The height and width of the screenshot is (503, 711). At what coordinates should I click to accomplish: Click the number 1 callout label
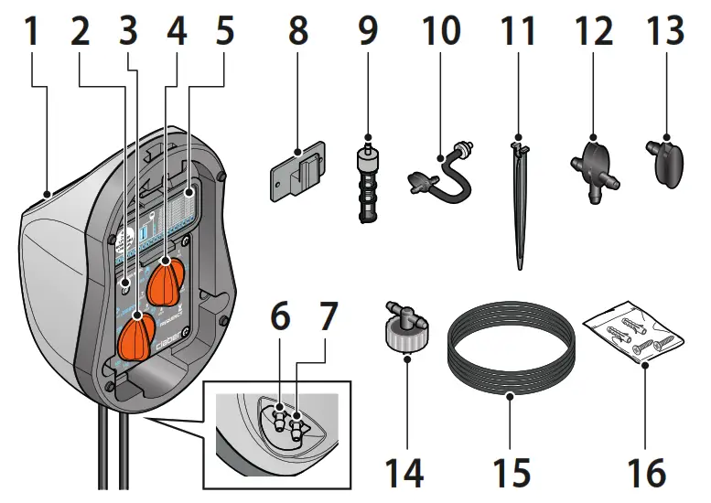[x=31, y=34]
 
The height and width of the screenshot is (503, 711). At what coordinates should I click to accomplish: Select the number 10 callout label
[x=440, y=34]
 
